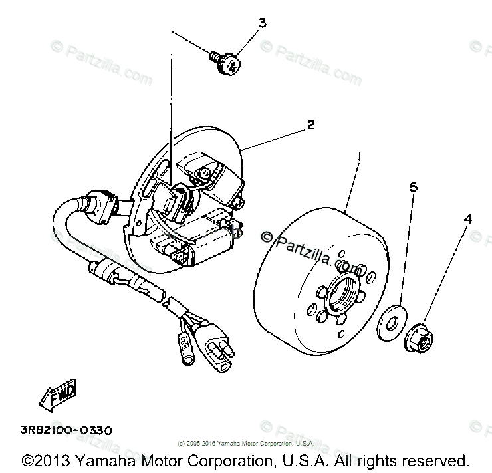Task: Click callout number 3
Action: coord(262,23)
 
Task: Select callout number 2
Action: coord(310,124)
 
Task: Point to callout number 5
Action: coord(413,188)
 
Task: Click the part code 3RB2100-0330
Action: coord(66,430)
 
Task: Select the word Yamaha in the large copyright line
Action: coord(102,460)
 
